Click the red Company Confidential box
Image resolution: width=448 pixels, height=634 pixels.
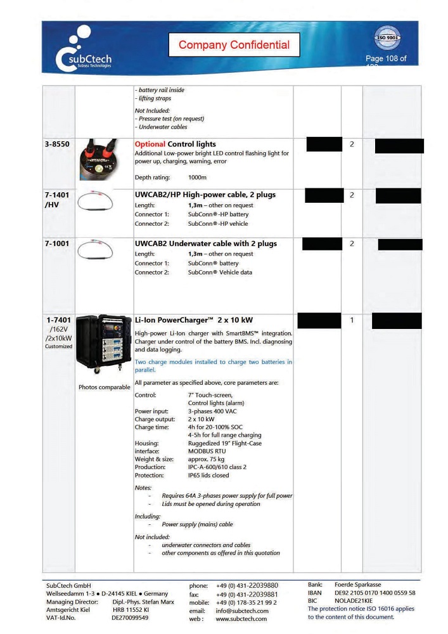coord(234,45)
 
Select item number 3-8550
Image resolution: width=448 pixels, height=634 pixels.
coord(57,145)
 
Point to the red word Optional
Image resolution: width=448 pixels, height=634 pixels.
coord(150,145)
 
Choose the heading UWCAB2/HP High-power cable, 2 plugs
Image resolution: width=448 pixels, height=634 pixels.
coord(205,195)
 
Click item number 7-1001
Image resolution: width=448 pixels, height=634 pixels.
coord(57,243)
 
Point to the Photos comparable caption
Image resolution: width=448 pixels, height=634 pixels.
coord(104,387)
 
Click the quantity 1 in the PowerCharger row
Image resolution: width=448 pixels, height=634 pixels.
coord(352,320)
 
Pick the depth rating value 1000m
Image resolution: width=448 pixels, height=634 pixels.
coord(197,178)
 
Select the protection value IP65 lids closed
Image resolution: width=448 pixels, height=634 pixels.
coord(208,475)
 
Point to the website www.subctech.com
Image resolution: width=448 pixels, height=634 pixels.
coord(241,619)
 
